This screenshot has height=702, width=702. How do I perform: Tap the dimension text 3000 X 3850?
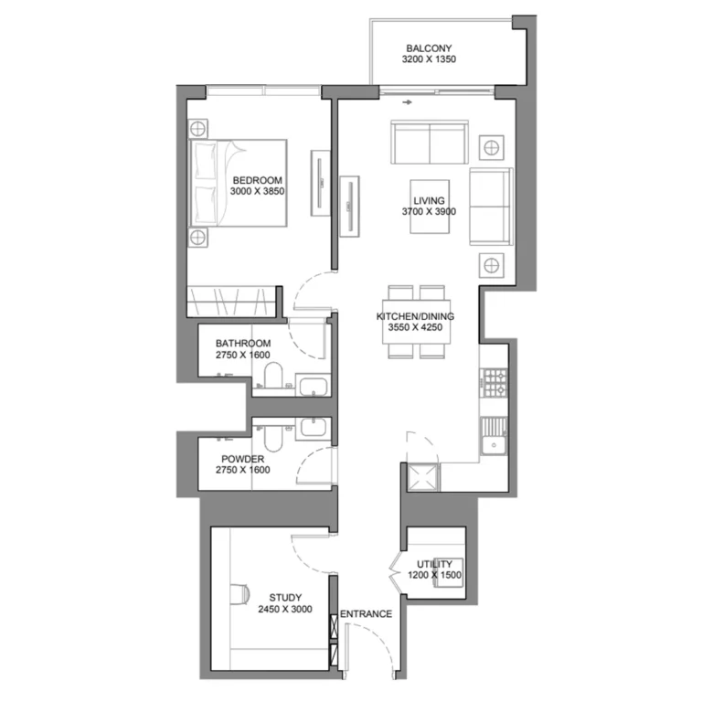(257, 192)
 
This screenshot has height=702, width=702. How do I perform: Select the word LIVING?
(429, 200)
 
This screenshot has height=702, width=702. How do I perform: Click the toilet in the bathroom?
(271, 376)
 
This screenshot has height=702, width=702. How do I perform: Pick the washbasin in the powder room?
(312, 427)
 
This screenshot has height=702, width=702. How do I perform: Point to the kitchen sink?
(495, 431)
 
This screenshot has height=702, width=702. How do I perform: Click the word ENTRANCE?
(366, 614)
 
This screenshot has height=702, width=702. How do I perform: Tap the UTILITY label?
(434, 564)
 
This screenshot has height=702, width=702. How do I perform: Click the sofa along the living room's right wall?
(491, 207)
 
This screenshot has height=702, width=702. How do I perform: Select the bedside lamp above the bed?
(199, 126)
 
